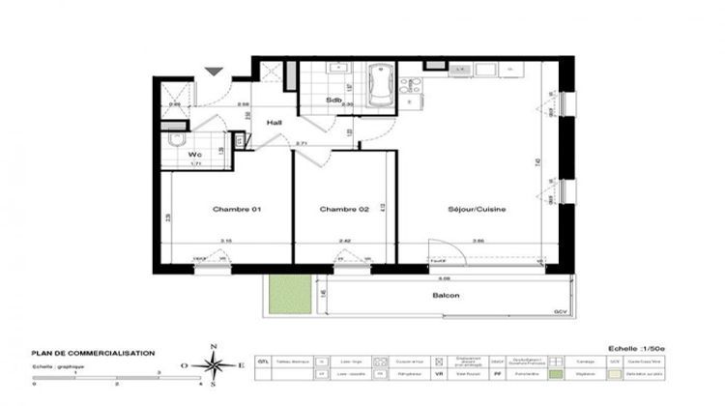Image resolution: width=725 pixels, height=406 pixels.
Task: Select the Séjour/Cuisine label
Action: (476, 209)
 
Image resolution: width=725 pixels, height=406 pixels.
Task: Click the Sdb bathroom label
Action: (333, 100)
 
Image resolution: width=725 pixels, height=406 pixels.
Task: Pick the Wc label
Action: (195, 154)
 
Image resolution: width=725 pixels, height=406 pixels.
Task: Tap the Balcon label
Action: (446, 296)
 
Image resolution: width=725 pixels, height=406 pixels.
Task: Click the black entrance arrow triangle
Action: (216, 71)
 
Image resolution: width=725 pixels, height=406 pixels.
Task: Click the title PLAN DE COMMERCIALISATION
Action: (93, 354)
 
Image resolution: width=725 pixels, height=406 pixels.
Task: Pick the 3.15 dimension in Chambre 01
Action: (225, 243)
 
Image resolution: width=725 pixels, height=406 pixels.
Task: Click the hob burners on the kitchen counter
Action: (458, 70)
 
